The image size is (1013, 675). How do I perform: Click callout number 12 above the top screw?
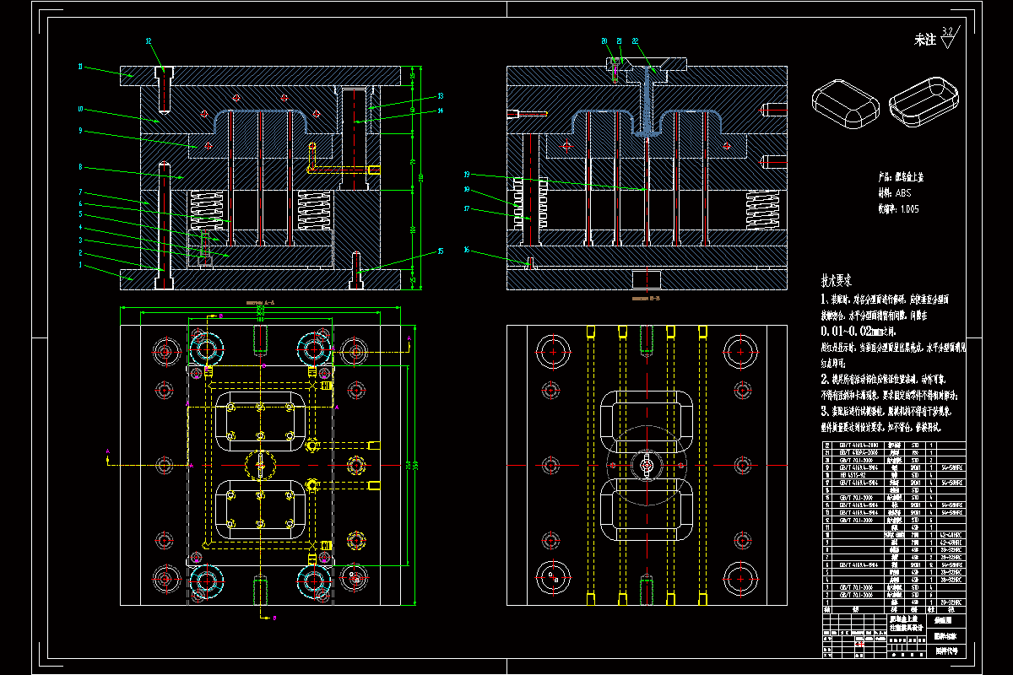coord(149,40)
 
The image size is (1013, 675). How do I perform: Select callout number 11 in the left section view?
coord(80,66)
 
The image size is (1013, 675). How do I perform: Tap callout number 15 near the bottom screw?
coord(440,251)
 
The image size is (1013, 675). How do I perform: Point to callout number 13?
coord(440,95)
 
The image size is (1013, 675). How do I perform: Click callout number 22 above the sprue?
coord(635,40)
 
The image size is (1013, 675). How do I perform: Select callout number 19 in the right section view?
coord(466,175)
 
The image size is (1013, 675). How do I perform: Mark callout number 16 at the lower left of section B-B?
coord(466,250)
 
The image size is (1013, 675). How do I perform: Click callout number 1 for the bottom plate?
coord(80,265)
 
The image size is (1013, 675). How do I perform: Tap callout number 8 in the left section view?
coord(80,166)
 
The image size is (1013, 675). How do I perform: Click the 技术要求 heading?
coord(837,280)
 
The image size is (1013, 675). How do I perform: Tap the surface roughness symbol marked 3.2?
coord(947,36)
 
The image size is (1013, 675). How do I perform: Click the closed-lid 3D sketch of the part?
coord(845,102)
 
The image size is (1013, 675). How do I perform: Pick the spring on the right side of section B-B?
coord(761,210)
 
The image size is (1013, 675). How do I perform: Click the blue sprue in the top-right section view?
coord(646,101)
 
